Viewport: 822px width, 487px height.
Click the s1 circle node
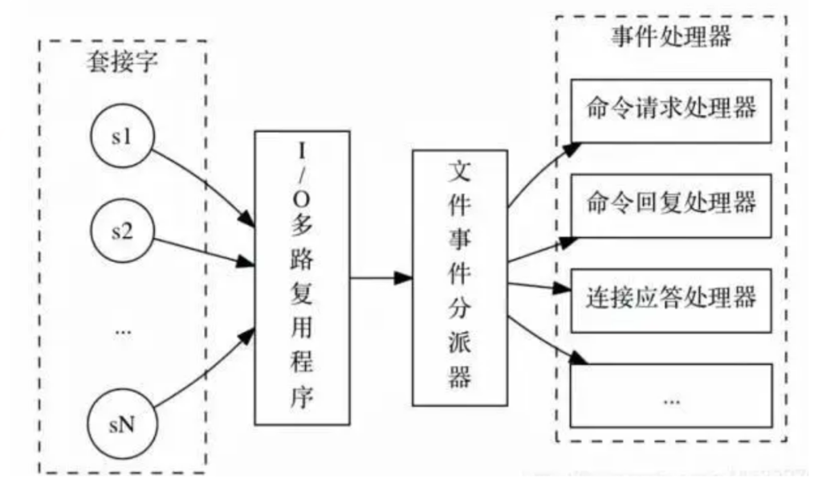[122, 137]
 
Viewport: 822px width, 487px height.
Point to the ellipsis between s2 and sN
[122, 330]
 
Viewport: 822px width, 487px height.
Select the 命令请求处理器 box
[671, 108]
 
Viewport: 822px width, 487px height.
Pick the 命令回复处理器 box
[671, 203]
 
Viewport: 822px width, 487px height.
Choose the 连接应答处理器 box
[671, 297]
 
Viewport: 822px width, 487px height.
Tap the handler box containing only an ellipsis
[671, 395]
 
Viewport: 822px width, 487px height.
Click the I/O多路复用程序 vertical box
[302, 277]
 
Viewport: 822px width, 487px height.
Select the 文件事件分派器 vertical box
[458, 277]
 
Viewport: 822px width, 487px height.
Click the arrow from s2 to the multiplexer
[201, 252]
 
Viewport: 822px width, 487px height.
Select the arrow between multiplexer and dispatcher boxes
[380, 278]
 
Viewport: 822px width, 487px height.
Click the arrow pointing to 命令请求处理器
[538, 173]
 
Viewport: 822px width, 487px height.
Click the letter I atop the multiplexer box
[302, 150]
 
